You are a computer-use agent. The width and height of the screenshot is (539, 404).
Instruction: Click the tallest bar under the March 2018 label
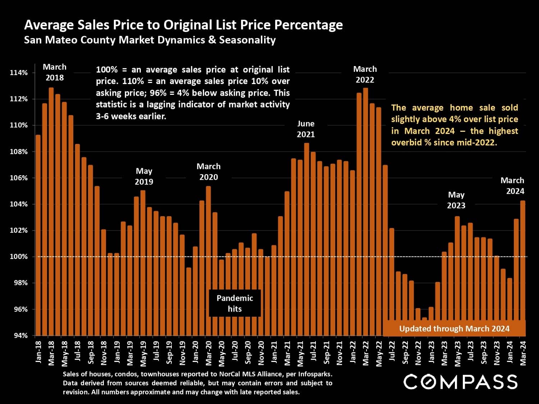click(51, 212)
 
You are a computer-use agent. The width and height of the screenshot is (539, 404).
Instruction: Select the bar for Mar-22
click(365, 212)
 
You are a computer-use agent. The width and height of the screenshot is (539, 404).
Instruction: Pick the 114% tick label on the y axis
click(19, 73)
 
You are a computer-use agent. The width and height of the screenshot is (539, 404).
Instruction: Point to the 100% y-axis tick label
click(19, 257)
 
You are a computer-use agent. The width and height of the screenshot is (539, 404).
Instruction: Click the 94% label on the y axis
click(20, 336)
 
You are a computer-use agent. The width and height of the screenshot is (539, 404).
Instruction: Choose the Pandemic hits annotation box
click(235, 303)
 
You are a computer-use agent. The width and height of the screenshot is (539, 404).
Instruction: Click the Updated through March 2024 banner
click(454, 329)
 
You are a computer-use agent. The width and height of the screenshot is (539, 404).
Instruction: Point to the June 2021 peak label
click(306, 129)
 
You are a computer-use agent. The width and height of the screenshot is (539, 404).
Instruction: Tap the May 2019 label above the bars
click(144, 176)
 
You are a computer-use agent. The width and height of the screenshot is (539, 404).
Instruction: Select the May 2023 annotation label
click(456, 200)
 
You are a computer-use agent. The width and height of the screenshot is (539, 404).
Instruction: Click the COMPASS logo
click(460, 382)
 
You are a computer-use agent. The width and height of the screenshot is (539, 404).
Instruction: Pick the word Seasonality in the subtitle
click(247, 40)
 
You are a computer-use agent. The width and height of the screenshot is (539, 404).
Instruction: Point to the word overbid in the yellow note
click(406, 142)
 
